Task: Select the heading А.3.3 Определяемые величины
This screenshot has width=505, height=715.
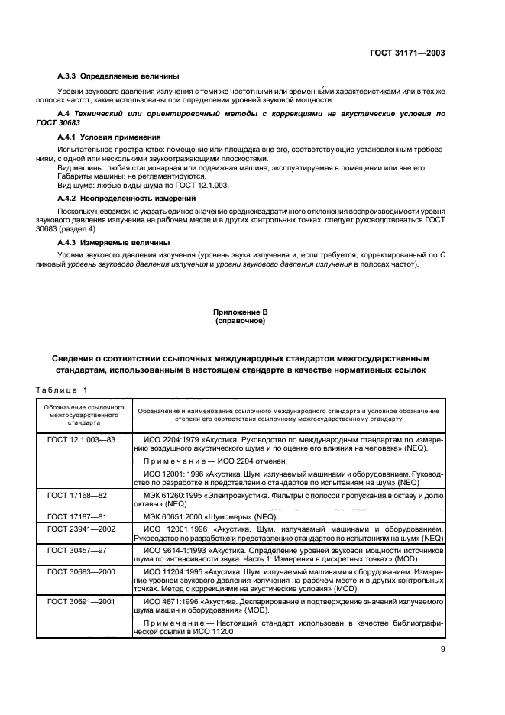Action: (x=118, y=76)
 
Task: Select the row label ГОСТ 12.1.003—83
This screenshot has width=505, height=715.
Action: (x=79, y=441)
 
